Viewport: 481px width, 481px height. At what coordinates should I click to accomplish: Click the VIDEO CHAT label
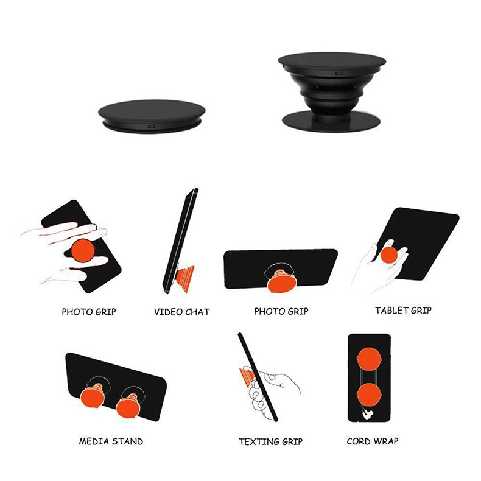tap(181, 312)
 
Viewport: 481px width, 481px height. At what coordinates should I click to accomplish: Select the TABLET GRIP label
tap(403, 310)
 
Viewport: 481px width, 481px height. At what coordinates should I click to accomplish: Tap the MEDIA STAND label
tap(111, 441)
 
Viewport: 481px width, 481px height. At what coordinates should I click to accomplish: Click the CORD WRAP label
tap(373, 441)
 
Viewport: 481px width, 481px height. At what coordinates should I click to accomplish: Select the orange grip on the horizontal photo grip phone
tap(281, 282)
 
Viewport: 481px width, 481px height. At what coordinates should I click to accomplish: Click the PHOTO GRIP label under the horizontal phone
tap(281, 311)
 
